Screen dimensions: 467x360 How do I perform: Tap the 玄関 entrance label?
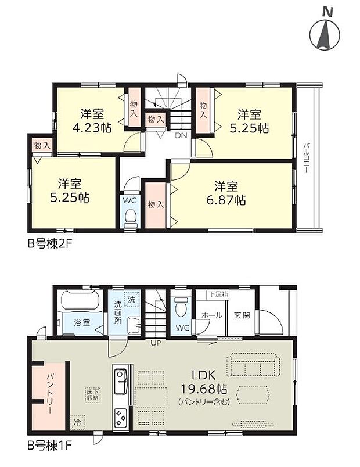tap(242, 315)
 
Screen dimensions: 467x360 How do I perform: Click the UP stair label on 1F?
tap(156, 343)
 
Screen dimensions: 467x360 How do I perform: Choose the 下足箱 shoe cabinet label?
tap(219, 294)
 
